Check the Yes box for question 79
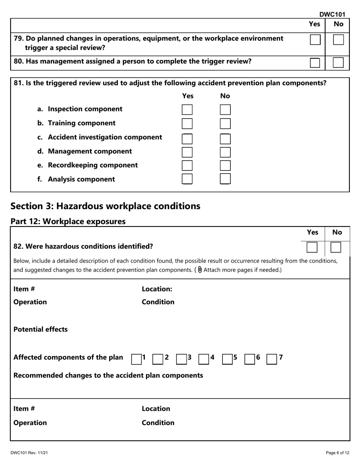pyautogui.click(x=315, y=40)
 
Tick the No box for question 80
pyautogui.click(x=338, y=63)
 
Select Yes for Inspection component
pyautogui.click(x=187, y=110)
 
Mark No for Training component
pyautogui.click(x=225, y=124)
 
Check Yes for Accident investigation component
pyautogui.click(x=187, y=139)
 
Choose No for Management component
pyautogui.click(x=225, y=152)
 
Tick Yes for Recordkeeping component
pyautogui.click(x=187, y=166)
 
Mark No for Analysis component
pyautogui.click(x=225, y=179)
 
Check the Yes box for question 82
pyautogui.click(x=312, y=247)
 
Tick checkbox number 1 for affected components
pyautogui.click(x=136, y=359)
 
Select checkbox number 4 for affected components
pyautogui.click(x=204, y=359)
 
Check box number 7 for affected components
pyautogui.click(x=272, y=359)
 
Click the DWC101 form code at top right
pyautogui.click(x=332, y=14)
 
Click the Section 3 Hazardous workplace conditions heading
pyautogui.click(x=105, y=206)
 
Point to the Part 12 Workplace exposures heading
pyautogui.click(x=68, y=221)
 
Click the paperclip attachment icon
pyautogui.click(x=200, y=270)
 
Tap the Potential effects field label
pyautogui.click(x=41, y=329)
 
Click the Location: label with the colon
pyautogui.click(x=157, y=289)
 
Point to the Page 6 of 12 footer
pyautogui.click(x=337, y=453)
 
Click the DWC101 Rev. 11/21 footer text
pyautogui.click(x=29, y=453)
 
